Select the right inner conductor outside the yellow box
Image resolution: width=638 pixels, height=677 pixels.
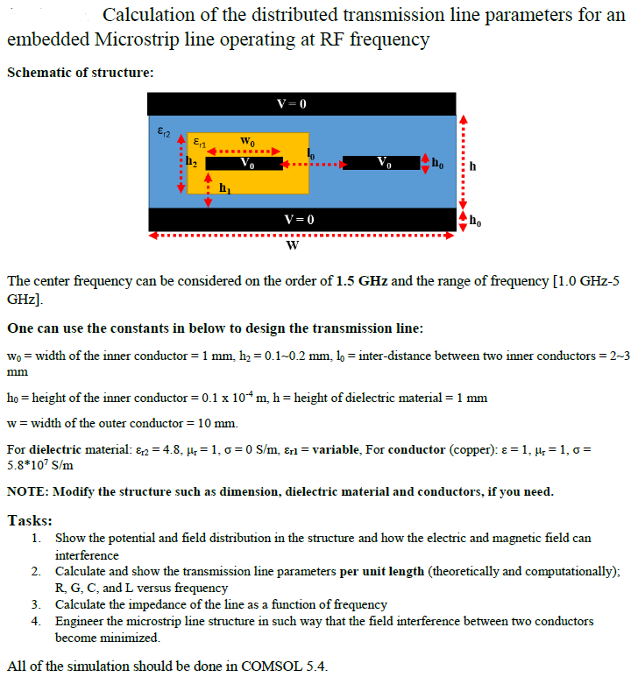(382, 163)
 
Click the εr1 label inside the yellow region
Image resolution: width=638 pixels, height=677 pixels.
(200, 142)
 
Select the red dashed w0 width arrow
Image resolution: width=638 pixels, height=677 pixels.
(247, 151)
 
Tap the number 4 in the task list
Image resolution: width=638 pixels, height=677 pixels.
(35, 620)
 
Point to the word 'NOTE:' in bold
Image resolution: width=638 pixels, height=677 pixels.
(27, 491)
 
